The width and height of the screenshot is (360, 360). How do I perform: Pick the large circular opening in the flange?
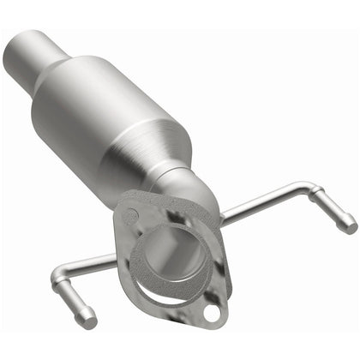[x=168, y=257]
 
